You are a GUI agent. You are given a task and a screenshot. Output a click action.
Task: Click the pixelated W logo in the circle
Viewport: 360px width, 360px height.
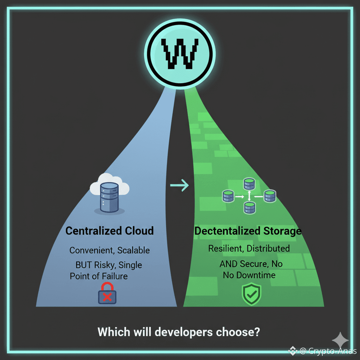click(180, 54)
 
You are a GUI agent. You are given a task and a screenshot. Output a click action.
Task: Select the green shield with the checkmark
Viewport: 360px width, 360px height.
click(252, 294)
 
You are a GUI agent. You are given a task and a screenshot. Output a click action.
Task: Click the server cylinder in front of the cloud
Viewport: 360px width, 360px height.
click(110, 197)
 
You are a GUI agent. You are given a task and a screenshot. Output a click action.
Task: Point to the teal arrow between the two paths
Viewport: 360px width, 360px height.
click(179, 185)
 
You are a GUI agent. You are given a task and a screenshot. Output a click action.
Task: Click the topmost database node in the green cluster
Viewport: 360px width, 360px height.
click(249, 184)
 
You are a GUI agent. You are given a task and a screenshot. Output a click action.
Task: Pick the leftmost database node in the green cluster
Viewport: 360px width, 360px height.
click(228, 196)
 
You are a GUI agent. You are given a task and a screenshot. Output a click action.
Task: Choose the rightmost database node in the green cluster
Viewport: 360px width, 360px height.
click(270, 196)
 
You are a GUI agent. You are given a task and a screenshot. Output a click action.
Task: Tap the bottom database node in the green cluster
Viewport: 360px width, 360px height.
click(250, 208)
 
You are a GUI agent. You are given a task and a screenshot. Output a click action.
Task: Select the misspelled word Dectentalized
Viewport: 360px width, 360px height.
click(227, 231)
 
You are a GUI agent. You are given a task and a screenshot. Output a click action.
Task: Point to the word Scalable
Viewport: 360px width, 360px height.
click(133, 250)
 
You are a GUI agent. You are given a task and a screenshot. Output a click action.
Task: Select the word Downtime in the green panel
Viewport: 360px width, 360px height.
click(256, 275)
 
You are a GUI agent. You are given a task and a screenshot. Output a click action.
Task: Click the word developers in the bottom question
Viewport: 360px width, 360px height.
click(184, 333)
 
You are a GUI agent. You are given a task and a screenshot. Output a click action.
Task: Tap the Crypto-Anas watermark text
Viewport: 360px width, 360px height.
click(332, 351)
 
